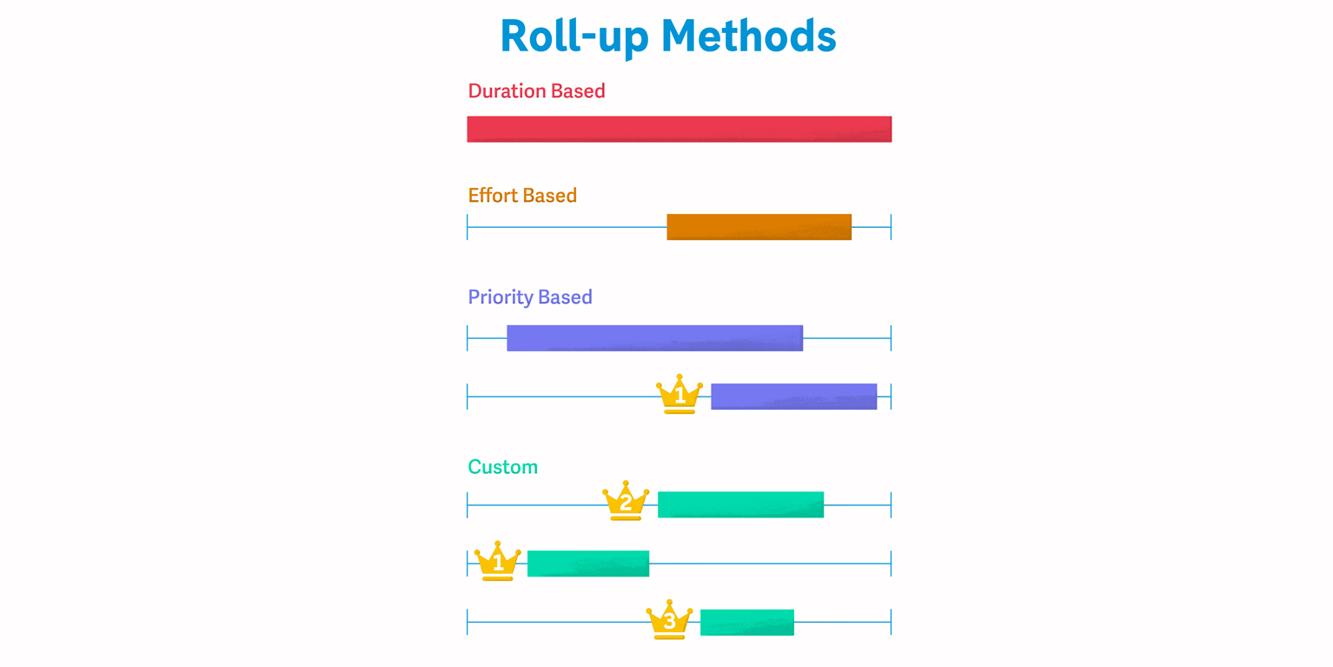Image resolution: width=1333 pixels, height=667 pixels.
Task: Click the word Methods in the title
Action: [x=749, y=36]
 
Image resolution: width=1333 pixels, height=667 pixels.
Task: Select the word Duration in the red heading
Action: [x=507, y=91]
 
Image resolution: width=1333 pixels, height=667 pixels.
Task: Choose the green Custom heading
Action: [x=503, y=467]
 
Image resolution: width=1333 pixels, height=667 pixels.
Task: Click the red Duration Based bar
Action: [x=679, y=130]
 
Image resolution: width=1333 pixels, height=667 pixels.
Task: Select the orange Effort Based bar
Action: [x=759, y=227]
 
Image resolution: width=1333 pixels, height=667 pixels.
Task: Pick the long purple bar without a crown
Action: [x=654, y=338]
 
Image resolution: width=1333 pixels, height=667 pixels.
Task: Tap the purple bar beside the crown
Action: [x=794, y=397]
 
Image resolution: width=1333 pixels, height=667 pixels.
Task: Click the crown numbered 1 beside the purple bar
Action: [x=679, y=394]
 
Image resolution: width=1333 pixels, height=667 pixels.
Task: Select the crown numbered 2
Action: [x=626, y=501]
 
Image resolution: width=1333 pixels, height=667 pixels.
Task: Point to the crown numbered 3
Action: [x=669, y=620]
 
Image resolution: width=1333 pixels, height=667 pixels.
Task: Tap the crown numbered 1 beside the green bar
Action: [x=498, y=561]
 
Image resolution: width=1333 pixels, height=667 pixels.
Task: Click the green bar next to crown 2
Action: [x=740, y=505]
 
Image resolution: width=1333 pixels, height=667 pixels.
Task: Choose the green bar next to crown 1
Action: [x=588, y=564]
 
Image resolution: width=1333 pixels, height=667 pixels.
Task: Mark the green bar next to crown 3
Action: [x=746, y=623]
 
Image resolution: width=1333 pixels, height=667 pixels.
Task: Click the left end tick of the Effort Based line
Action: [x=468, y=227]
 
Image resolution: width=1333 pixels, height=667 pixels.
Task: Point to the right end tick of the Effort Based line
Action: [x=891, y=227]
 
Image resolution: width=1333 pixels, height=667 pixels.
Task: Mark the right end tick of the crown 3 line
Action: [x=891, y=623]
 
